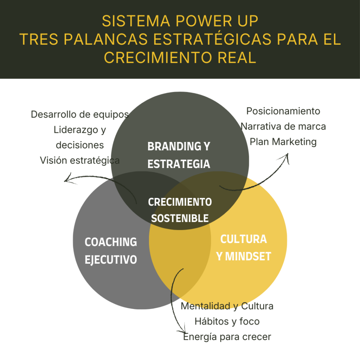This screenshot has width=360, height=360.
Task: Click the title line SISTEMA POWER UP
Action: tap(180, 21)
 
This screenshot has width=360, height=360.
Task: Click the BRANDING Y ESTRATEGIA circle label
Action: tap(179, 155)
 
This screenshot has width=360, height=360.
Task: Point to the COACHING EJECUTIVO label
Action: tap(111, 251)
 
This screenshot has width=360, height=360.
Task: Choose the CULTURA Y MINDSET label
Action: tap(244, 247)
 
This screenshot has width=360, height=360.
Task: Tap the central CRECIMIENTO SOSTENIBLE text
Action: tap(180, 210)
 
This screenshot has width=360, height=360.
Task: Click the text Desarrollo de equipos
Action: tap(80, 114)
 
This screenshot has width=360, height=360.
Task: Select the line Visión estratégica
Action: tap(80, 160)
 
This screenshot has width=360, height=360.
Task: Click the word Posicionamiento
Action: tap(283, 111)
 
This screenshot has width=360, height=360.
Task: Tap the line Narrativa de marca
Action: tap(283, 126)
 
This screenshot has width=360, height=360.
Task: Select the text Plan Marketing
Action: tap(283, 142)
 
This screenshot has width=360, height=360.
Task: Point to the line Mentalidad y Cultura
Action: tap(227, 306)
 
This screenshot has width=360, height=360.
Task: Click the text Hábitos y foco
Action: tap(227, 321)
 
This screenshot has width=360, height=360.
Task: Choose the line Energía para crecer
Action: tap(227, 336)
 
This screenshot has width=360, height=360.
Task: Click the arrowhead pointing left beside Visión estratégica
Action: tap(66, 180)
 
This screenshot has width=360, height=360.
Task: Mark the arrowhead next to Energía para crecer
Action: tap(182, 332)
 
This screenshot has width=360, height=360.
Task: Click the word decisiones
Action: tap(80, 145)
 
